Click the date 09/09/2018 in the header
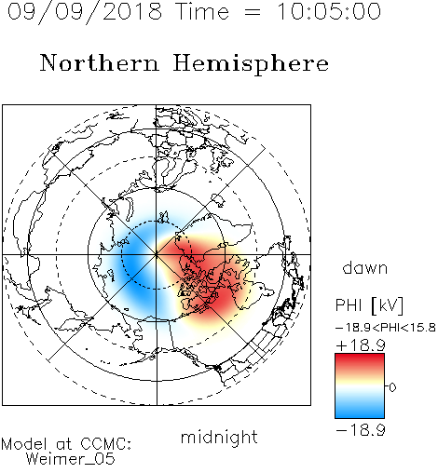coord(85,11)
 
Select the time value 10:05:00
coord(329,11)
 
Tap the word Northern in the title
coord(100,62)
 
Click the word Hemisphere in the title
coord(251,63)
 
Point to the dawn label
coord(365,267)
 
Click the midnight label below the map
coord(219,438)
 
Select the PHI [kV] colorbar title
coord(369,305)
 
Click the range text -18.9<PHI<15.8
coord(386,328)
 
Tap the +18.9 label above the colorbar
coord(361,345)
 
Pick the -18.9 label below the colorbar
coord(361,430)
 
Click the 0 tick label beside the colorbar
coord(392,387)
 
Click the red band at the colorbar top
coord(360,360)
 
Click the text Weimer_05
coord(71,459)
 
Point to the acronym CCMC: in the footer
coord(105,444)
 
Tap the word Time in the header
coord(202,11)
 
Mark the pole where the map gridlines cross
coord(157,254)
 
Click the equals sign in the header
coord(253,13)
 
